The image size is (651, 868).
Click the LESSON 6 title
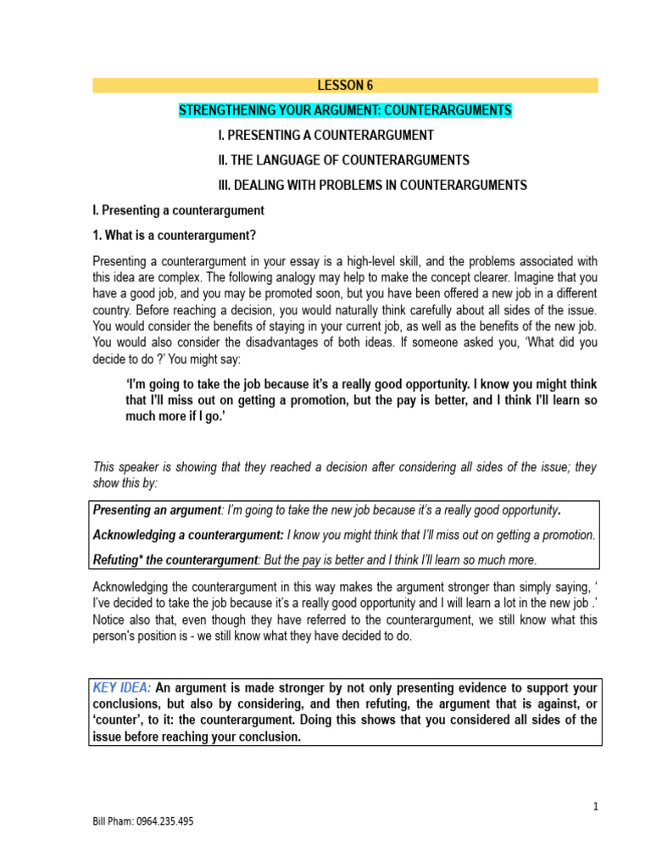(345, 86)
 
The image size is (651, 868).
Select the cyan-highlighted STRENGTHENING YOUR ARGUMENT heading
(345, 111)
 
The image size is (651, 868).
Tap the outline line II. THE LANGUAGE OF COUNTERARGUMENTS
(343, 159)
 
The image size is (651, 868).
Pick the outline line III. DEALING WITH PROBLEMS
(372, 185)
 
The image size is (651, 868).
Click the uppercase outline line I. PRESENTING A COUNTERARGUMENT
(325, 136)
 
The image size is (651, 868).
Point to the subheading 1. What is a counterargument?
(174, 235)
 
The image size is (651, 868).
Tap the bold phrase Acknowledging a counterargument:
(188, 535)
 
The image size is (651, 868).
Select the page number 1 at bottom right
(596, 807)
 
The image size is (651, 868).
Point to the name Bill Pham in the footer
(113, 822)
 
